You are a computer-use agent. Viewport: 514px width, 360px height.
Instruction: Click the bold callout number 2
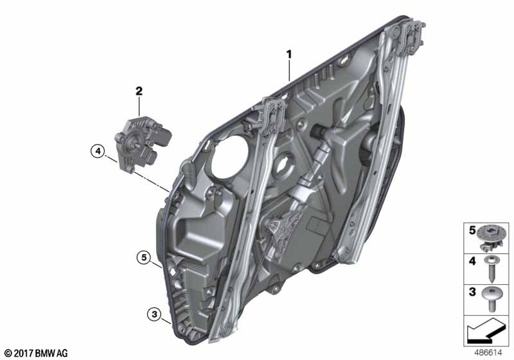[138, 91]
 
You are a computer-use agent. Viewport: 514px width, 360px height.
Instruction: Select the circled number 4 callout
[97, 152]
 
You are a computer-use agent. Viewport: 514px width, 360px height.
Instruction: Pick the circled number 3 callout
[154, 314]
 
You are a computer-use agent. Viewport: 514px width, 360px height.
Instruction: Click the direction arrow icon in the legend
[486, 332]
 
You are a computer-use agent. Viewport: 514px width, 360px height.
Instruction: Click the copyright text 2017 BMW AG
[35, 353]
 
